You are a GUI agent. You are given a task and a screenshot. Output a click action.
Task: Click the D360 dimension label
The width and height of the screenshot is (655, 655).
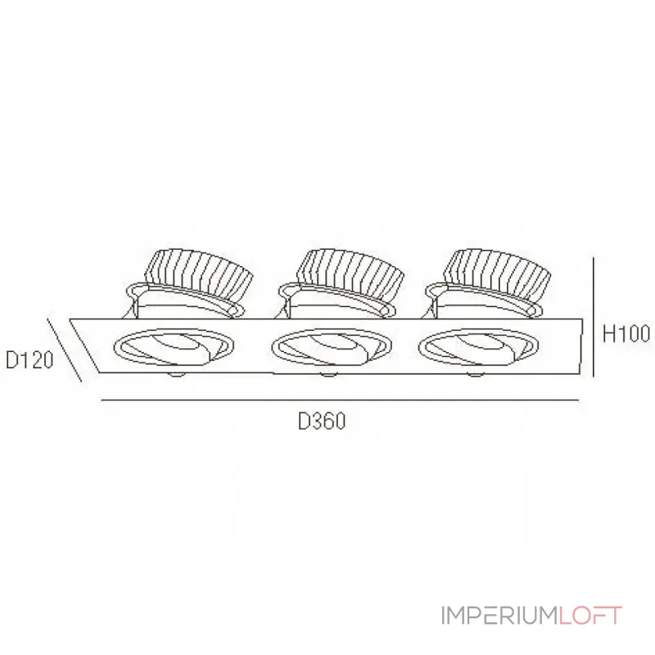click(x=322, y=421)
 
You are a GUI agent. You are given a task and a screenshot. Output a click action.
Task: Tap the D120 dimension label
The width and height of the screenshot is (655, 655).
click(x=29, y=360)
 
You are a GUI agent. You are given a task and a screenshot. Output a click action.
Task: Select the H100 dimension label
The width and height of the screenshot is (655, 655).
click(x=626, y=334)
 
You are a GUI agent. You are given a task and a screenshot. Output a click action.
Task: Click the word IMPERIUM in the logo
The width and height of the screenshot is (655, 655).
click(x=500, y=616)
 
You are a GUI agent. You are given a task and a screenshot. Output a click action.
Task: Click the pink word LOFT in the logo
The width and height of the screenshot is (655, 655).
click(x=590, y=616)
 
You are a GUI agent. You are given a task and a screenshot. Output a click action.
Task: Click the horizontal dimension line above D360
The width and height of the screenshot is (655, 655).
click(x=340, y=400)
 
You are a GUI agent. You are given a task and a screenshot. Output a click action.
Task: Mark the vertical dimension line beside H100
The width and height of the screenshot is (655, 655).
click(x=593, y=317)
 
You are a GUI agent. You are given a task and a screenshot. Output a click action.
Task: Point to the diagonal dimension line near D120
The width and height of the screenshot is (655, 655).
click(x=65, y=350)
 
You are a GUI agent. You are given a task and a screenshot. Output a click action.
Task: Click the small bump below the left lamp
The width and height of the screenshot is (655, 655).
click(x=176, y=374)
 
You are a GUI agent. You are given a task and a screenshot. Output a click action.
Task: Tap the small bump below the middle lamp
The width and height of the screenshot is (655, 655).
click(x=328, y=374)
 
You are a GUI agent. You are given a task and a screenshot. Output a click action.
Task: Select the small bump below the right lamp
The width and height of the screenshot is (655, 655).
click(x=475, y=374)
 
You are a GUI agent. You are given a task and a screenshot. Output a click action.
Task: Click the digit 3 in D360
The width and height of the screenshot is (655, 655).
click(x=316, y=421)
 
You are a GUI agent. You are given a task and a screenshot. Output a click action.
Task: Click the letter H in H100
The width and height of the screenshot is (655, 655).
click(x=608, y=334)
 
